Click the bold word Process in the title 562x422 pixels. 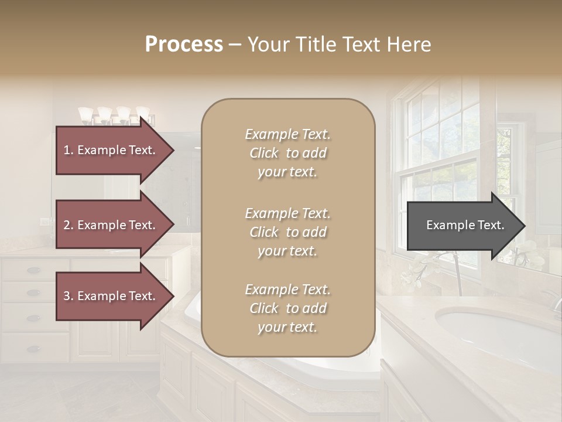click(184, 44)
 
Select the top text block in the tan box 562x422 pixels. click(287, 153)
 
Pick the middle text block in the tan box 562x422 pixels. click(287, 232)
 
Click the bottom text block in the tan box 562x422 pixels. click(287, 308)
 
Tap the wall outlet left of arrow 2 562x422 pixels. click(45, 222)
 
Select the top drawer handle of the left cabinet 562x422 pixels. click(33, 270)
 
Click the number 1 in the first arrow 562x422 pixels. click(67, 150)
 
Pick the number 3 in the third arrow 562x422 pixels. click(67, 296)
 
